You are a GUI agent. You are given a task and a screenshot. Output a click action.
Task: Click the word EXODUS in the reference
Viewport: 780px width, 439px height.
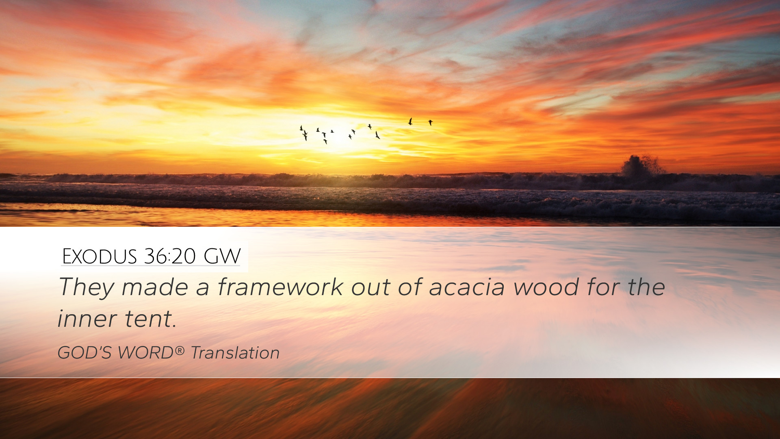point(100,256)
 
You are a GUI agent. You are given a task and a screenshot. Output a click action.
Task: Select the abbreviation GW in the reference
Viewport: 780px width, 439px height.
point(222,256)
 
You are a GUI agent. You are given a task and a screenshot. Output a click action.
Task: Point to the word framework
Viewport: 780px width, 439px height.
point(281,287)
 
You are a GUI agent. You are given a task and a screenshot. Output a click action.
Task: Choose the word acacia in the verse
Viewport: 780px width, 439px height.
point(467,287)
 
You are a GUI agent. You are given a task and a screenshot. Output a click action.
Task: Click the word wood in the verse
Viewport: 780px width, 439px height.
point(546,287)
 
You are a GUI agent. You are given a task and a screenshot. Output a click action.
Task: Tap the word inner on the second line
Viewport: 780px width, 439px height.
point(87,319)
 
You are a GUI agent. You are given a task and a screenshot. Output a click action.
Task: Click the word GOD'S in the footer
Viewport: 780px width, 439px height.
point(84,353)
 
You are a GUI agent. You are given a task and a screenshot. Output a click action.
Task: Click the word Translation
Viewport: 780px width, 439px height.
point(235,353)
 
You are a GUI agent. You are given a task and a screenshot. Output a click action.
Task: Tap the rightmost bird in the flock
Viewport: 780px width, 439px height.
point(430,122)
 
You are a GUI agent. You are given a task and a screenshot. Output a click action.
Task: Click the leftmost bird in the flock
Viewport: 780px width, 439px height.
point(301,128)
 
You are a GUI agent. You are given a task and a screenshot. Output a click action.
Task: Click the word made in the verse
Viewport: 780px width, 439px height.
point(155,287)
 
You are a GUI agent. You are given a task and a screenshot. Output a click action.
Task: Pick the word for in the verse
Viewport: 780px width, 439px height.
point(603,287)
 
